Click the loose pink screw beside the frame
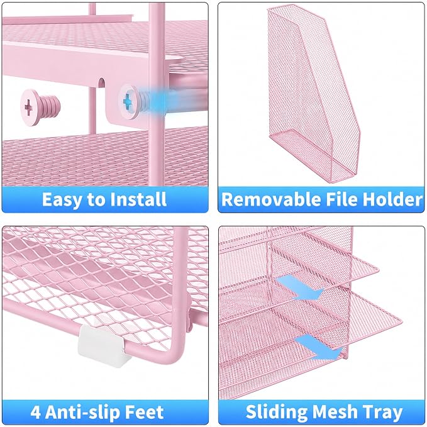[x=40, y=108]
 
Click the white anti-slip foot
[x=104, y=346]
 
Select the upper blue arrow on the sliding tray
[x=299, y=287]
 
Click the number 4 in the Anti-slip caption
[x=36, y=413]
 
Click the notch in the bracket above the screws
[x=102, y=83]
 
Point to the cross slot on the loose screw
[x=28, y=108]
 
